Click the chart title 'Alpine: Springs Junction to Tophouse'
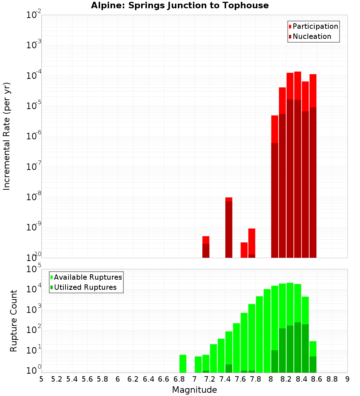tap(180, 5)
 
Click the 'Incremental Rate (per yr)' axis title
tap(7, 136)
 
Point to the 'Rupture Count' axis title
tap(14, 321)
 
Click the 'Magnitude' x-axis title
tap(194, 390)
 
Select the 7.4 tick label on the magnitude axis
tap(225, 379)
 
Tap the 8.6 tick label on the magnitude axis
tap(317, 379)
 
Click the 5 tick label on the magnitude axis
tap(41, 379)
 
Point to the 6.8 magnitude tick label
tap(179, 379)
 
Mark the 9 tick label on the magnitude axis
tap(347, 379)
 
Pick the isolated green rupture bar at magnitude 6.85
tap(183, 364)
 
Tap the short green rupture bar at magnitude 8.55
tap(313, 357)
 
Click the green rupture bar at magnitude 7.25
tap(213, 358)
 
